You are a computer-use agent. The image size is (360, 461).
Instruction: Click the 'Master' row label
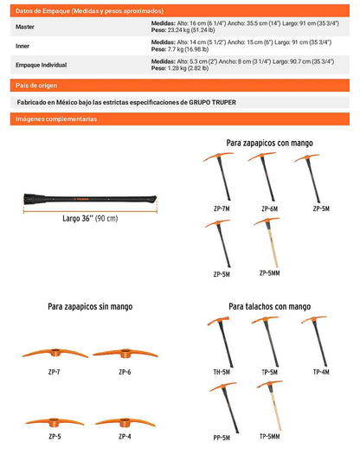(25, 27)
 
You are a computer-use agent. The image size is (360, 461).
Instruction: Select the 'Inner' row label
(22, 46)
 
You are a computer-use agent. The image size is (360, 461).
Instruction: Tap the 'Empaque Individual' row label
(42, 65)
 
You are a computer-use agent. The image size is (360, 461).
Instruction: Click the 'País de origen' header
(36, 86)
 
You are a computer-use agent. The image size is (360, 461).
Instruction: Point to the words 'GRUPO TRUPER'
(212, 102)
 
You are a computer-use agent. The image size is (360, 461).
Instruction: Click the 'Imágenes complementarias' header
(56, 119)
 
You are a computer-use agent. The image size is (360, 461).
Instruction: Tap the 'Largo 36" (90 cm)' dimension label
(90, 219)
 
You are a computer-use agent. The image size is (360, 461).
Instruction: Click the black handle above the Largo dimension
(90, 199)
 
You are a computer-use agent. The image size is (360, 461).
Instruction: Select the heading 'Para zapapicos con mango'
(269, 144)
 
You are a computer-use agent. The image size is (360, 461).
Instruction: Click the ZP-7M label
(222, 208)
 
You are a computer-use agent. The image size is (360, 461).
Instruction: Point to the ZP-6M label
(270, 208)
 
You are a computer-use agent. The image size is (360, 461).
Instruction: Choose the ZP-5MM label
(270, 273)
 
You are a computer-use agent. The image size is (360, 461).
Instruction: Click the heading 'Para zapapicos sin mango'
(90, 307)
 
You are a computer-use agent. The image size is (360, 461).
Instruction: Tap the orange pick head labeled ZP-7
(55, 353)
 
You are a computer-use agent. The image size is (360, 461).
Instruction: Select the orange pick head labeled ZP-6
(125, 353)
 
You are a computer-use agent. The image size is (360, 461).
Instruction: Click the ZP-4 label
(125, 437)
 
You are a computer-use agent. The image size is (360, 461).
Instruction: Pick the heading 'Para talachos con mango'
(270, 307)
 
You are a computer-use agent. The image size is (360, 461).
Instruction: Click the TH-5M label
(222, 372)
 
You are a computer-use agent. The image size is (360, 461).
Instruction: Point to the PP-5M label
(222, 438)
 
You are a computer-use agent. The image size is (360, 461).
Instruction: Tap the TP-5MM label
(270, 437)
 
